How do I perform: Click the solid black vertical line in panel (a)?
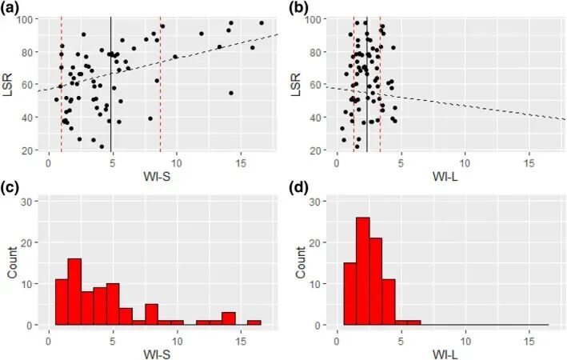(x=111, y=80)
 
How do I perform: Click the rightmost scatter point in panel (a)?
(x=262, y=22)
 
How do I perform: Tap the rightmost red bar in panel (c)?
(x=254, y=323)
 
